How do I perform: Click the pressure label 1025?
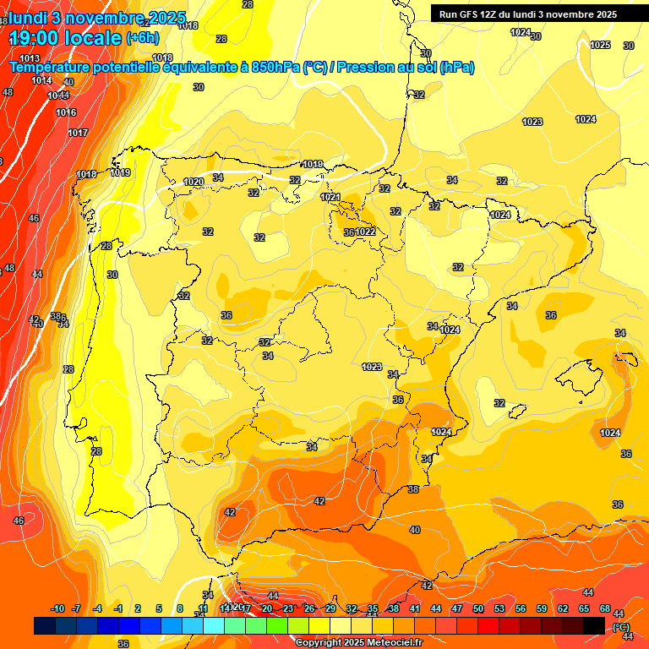click(x=600, y=45)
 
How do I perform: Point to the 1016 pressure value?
click(x=66, y=112)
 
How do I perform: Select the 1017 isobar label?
click(x=78, y=133)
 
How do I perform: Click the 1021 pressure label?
click(x=330, y=197)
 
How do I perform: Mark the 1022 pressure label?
click(x=365, y=232)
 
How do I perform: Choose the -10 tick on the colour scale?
click(x=57, y=608)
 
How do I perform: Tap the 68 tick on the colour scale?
click(x=605, y=608)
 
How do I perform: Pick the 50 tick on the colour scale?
click(x=478, y=608)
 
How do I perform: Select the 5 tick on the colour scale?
click(x=160, y=608)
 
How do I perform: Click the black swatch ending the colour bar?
click(x=594, y=625)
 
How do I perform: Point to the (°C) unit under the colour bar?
click(x=621, y=626)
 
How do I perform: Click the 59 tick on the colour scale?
click(x=542, y=608)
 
